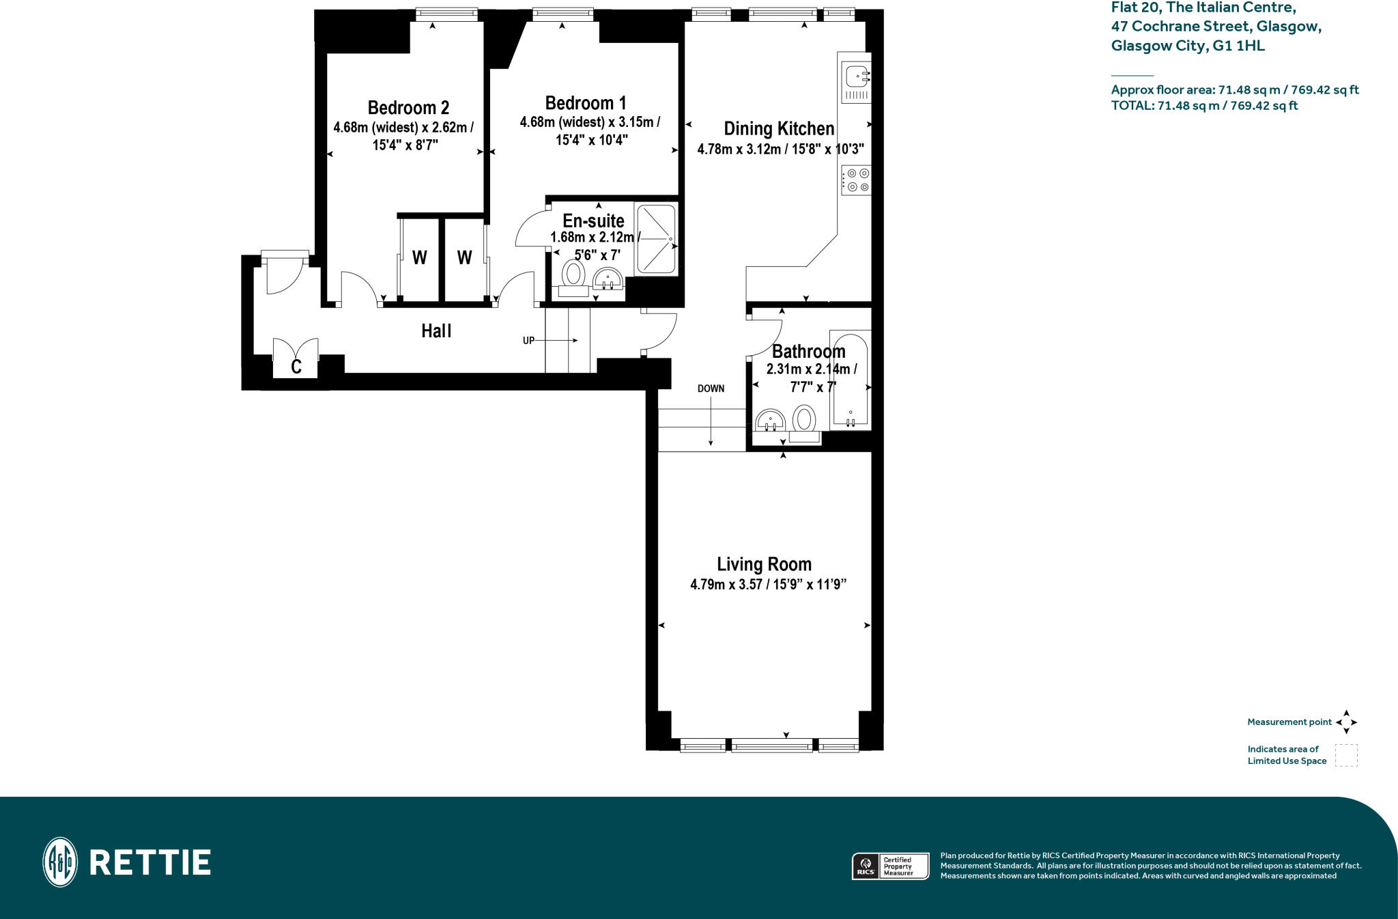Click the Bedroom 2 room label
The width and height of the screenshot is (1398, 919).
(x=408, y=108)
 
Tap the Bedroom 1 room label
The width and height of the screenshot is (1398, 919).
(x=586, y=103)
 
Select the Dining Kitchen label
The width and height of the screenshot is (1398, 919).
(x=779, y=128)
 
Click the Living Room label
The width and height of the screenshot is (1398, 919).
(x=764, y=564)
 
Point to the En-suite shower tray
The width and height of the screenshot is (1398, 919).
(x=656, y=239)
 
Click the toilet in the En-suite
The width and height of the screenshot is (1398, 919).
(x=573, y=277)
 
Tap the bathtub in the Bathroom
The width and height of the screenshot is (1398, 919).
(x=850, y=380)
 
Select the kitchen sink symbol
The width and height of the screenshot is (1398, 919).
(x=856, y=79)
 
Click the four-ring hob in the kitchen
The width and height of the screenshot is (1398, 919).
(x=857, y=180)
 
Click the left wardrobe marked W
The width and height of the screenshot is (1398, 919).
(x=419, y=258)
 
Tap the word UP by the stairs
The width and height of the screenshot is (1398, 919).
(x=528, y=341)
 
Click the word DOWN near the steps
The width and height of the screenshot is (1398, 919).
(x=711, y=388)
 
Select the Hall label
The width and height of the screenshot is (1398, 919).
(x=436, y=331)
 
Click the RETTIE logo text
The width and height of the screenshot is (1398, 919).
(x=149, y=862)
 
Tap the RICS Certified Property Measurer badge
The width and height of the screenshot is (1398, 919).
(x=890, y=866)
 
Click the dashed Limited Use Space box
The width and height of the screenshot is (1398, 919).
(x=1346, y=755)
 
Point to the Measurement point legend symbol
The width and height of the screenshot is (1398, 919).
(x=1346, y=722)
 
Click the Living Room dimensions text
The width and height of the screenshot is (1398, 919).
(x=768, y=584)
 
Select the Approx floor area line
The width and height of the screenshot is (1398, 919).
(x=1234, y=89)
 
